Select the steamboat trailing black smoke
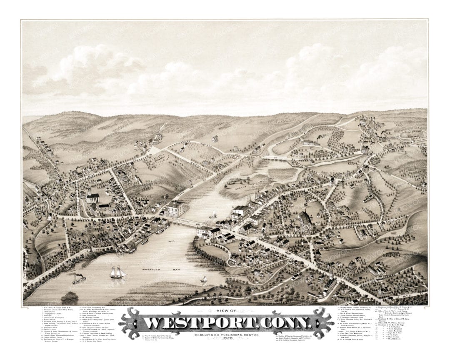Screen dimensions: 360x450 click(x=78, y=278)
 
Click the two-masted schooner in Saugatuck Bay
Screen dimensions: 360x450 click(x=117, y=272)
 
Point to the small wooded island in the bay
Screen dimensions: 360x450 click(x=69, y=296)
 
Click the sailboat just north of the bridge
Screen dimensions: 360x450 click(x=213, y=214)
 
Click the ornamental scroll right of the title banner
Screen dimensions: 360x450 click(x=321, y=322)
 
